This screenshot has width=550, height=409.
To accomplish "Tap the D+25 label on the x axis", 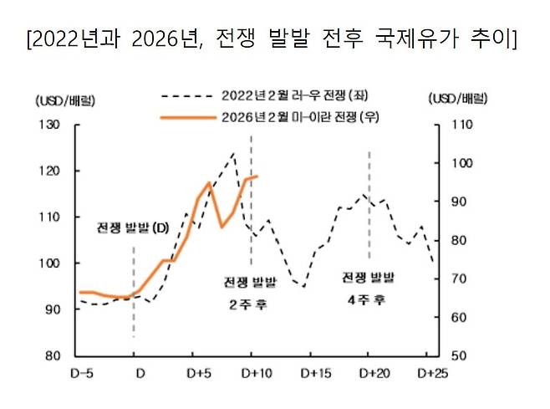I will pos(431,372).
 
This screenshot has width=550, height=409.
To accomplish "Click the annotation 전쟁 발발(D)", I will pos(133,228).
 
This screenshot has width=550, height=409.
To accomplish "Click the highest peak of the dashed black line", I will pos(233,153).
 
